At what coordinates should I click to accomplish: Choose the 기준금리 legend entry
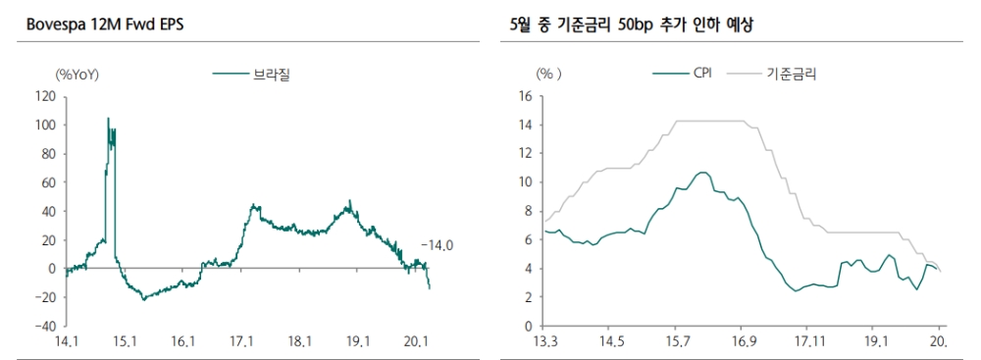coord(791,73)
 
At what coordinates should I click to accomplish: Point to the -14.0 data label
coord(439,245)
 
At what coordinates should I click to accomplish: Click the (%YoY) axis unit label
coord(77,74)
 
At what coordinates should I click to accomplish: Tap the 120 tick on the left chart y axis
coord(44,96)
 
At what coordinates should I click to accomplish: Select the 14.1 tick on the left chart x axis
coord(67,341)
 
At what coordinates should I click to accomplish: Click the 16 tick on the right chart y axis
coord(524,96)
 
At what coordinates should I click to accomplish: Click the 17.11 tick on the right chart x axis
coord(809,341)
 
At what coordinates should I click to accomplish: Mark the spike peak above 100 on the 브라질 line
coord(108,119)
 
